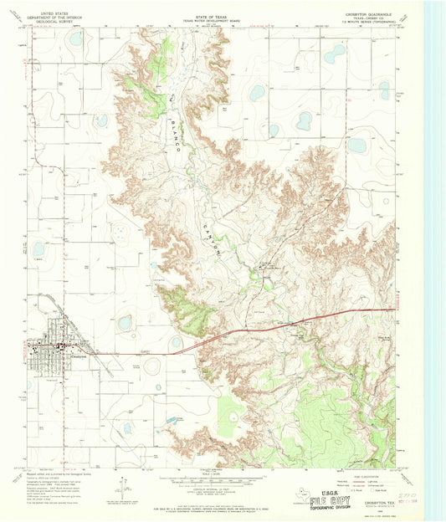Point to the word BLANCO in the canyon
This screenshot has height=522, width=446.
pyautogui.click(x=173, y=125)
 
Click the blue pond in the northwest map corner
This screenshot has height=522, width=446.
pyautogui.click(x=76, y=38)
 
